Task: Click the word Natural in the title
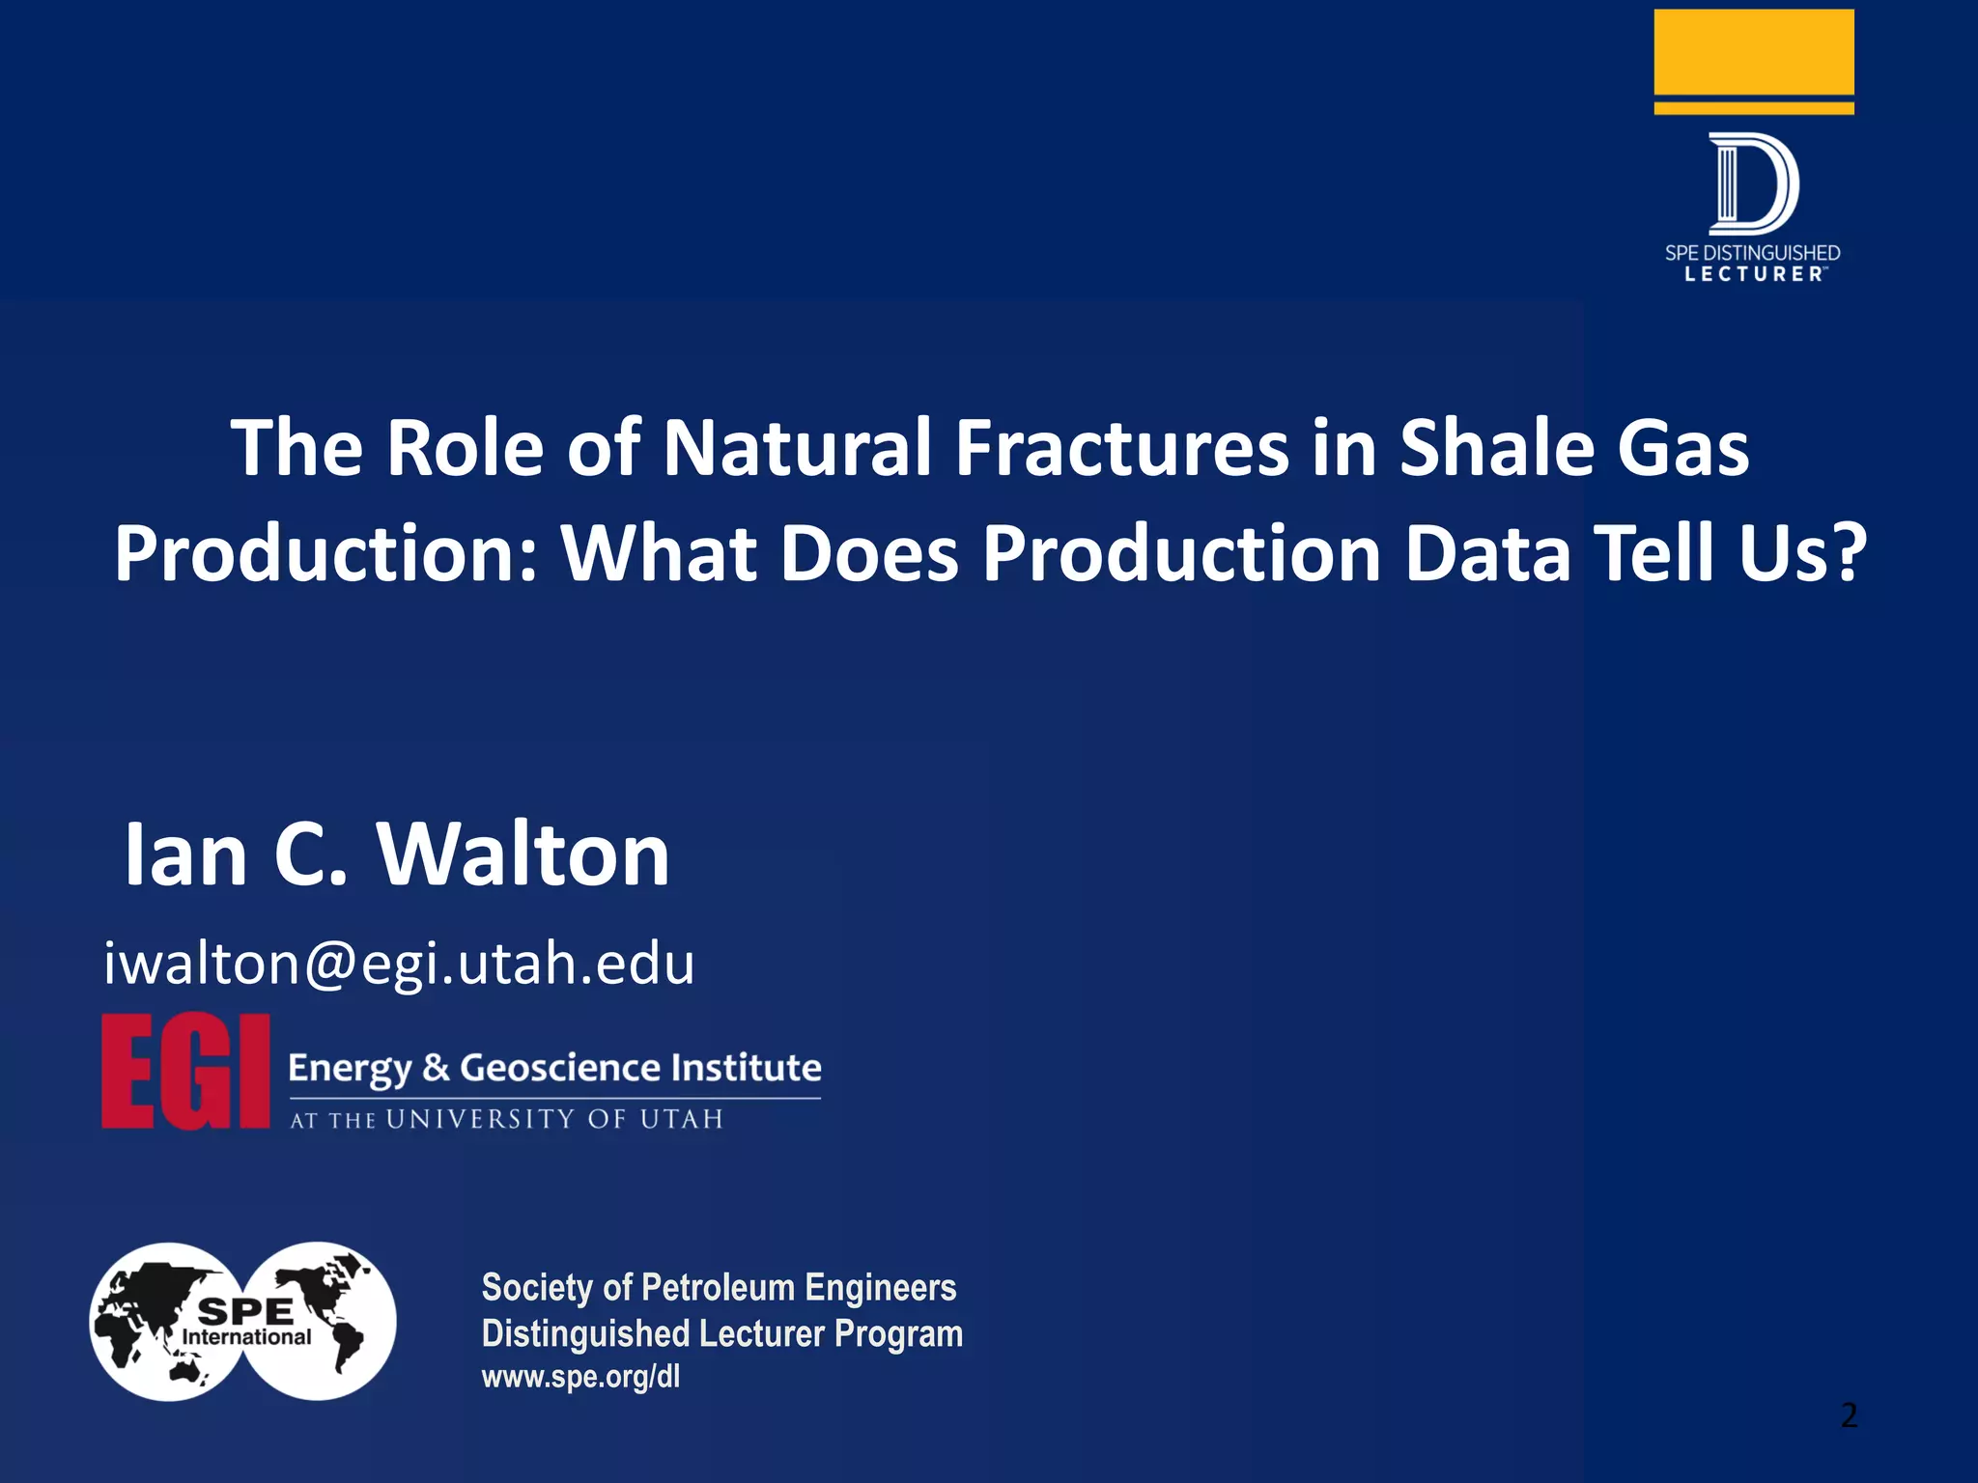(x=797, y=448)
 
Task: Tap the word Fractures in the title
(x=1121, y=448)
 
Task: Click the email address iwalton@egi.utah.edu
(x=399, y=964)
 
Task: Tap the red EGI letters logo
(x=185, y=1072)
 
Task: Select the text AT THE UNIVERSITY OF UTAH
(x=506, y=1120)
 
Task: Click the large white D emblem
(x=1752, y=183)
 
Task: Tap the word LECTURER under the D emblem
(x=1754, y=274)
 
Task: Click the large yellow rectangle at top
(x=1753, y=51)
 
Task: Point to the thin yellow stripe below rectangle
(x=1753, y=108)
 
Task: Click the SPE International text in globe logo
(x=246, y=1323)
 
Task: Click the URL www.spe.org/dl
(x=580, y=1377)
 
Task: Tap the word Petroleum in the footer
(x=718, y=1288)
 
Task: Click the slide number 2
(x=1849, y=1415)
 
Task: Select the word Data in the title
(x=1488, y=554)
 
